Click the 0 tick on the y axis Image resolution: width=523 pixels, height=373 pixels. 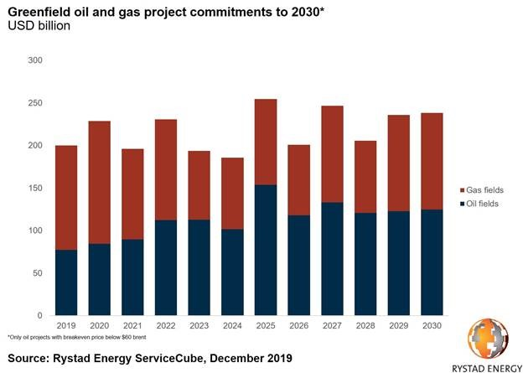39,315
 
